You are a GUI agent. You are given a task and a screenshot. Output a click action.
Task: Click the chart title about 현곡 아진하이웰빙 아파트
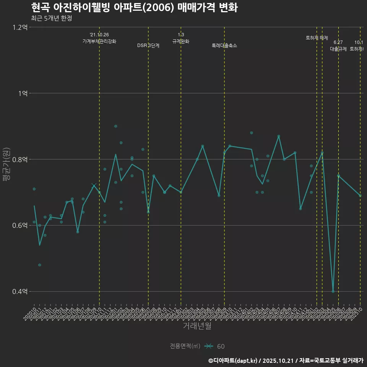coord(134,7)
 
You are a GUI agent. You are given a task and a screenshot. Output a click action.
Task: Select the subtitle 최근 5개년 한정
coord(51,18)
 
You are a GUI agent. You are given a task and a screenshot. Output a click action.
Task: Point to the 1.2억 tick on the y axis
coord(20,27)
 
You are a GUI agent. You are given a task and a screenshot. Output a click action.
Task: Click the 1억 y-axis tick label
coord(23,93)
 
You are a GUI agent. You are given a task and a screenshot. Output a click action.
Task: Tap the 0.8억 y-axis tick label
coord(20,159)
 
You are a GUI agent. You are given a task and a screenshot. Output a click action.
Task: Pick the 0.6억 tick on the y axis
coord(20,226)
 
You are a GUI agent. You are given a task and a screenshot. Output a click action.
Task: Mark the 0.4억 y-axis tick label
coord(20,292)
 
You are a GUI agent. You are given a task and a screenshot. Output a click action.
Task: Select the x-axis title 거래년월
coord(197,326)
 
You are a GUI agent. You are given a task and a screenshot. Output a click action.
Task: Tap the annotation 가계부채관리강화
coord(99,41)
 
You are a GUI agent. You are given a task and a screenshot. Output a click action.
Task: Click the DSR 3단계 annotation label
coord(148,45)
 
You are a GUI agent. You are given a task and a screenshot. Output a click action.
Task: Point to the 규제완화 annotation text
coord(181,41)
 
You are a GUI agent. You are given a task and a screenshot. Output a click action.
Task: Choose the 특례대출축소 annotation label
coord(224,45)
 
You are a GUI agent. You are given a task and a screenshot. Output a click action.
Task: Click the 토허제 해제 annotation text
coord(317,38)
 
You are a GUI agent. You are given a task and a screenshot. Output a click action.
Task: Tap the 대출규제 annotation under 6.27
coord(338,49)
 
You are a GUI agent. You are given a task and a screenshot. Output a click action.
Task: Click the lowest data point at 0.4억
coord(333,291)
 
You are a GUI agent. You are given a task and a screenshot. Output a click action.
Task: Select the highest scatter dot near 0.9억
coord(115,126)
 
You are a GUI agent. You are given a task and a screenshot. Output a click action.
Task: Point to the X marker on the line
coord(94,185)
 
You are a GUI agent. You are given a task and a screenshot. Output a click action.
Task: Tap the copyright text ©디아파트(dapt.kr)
coord(234,360)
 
